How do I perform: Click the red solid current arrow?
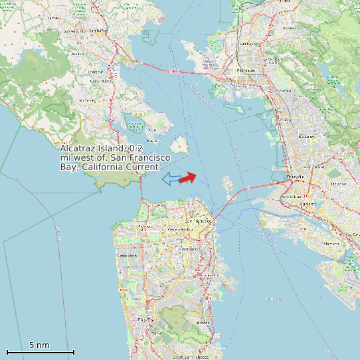point(188,177)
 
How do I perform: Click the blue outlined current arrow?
point(171,178)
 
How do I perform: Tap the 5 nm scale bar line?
point(40,352)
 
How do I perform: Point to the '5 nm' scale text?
point(39,345)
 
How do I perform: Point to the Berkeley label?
point(306,137)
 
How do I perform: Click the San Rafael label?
point(98,31)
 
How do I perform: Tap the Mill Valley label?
point(88,100)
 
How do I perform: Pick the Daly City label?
point(145,319)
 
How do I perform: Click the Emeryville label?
point(294,177)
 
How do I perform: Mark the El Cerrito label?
point(284,91)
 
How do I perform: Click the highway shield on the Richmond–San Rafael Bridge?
point(174,70)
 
